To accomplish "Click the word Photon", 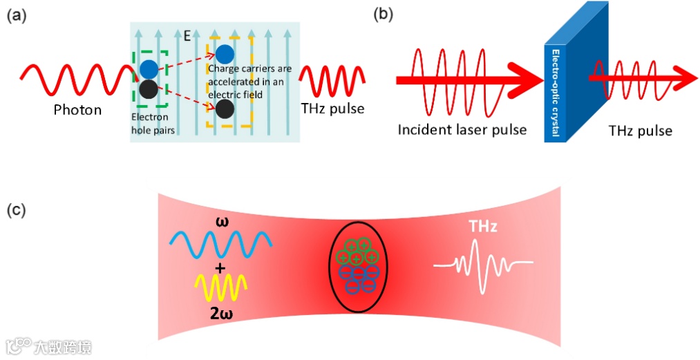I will point(78,109).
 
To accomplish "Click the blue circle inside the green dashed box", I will point(149,69).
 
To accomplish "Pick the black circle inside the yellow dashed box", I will point(224,108).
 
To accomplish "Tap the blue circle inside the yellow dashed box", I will point(225,53).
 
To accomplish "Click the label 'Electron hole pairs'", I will point(150,122).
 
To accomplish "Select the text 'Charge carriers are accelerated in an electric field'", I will point(249,82).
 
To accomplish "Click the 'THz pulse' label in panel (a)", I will point(333,108).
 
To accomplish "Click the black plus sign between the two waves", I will point(220,267).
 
